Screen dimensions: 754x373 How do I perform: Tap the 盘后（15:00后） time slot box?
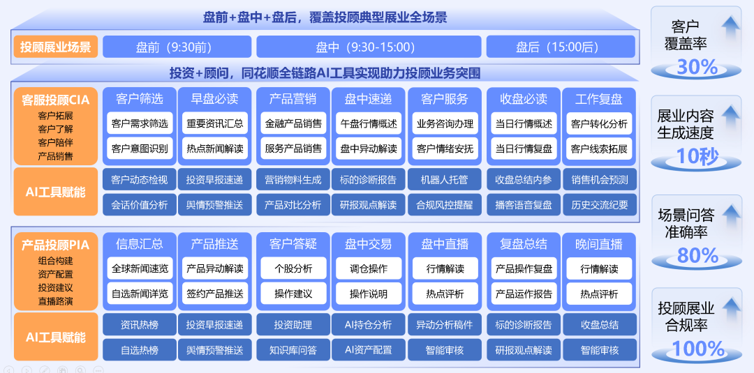(557, 47)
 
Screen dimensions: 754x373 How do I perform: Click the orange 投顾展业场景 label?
(56, 47)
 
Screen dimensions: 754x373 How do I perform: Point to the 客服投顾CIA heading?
(56, 100)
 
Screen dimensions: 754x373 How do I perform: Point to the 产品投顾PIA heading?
(56, 245)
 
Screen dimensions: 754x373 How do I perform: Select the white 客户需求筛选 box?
(140, 124)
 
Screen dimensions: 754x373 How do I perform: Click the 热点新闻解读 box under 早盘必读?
(214, 149)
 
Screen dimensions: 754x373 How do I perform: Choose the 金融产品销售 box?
(293, 124)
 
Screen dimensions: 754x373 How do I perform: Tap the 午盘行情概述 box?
(369, 124)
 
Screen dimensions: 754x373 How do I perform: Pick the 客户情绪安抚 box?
(445, 149)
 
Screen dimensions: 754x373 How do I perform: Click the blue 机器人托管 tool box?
(445, 180)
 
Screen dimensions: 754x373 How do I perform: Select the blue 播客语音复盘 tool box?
(524, 205)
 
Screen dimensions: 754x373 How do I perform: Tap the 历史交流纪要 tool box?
(599, 205)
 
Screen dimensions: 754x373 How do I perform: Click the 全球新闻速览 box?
(140, 269)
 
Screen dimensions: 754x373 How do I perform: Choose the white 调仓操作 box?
(369, 269)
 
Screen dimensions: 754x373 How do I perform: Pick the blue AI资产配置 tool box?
(369, 350)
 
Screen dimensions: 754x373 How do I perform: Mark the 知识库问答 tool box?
(293, 350)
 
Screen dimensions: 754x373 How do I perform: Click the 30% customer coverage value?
(697, 67)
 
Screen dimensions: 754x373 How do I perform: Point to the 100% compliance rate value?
(697, 348)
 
